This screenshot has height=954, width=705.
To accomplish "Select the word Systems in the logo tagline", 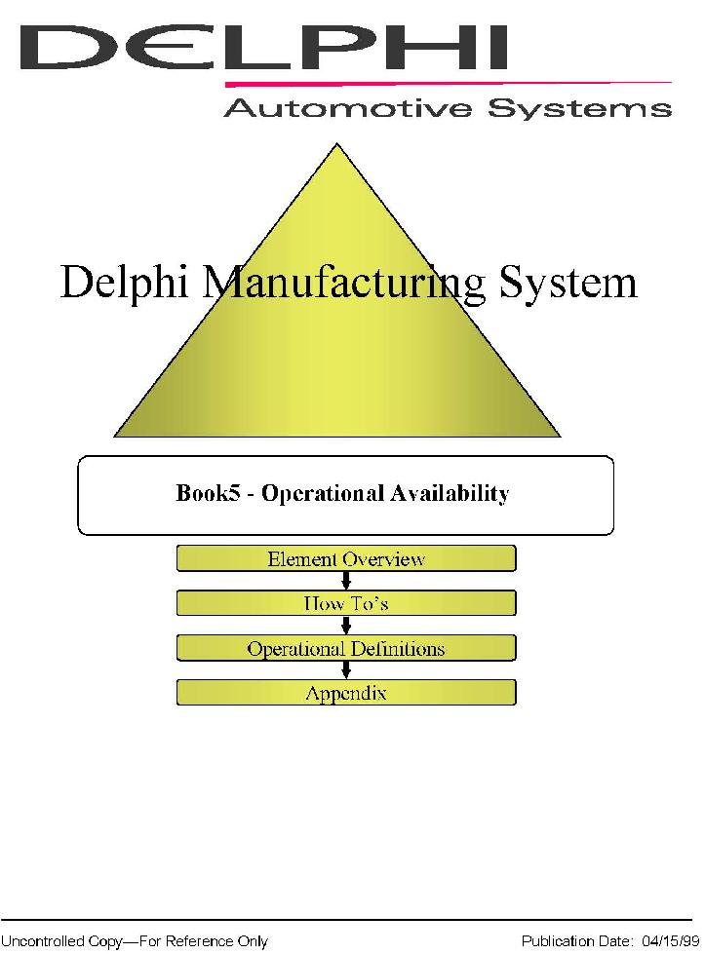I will pos(579,107).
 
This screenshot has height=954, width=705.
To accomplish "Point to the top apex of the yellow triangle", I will pos(337,147).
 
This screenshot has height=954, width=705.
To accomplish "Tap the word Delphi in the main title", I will pos(130,284).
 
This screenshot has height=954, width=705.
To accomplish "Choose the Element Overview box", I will pos(345,558).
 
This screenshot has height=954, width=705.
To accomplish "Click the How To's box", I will pos(345,603).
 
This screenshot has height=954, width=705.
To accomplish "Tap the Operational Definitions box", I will pos(345,648).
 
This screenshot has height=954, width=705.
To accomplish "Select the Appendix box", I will pos(345,693).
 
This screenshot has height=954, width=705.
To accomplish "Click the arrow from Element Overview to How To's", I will pos(345,581).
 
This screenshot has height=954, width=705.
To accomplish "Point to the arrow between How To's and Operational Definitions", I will pos(345,626).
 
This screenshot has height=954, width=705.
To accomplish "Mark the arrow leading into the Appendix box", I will pos(345,670).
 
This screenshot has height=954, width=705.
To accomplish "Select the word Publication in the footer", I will pos(558,941).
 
